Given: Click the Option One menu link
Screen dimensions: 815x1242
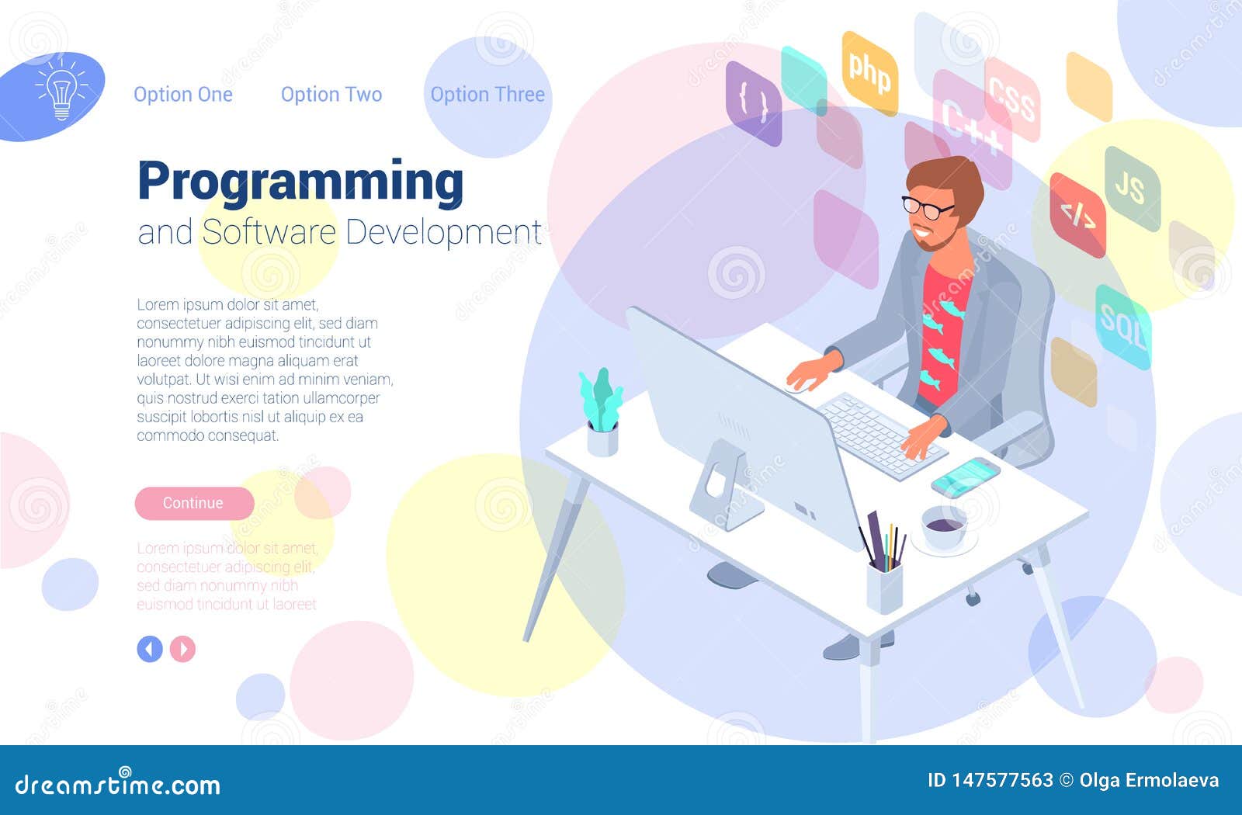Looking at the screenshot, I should (183, 95).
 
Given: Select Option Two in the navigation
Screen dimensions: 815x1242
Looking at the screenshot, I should (331, 95).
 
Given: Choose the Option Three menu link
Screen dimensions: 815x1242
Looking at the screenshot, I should (487, 95).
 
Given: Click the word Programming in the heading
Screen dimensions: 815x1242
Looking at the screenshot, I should (300, 182).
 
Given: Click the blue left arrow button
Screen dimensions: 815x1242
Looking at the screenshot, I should (150, 649).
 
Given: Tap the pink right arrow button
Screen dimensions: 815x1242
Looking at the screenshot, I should (182, 649).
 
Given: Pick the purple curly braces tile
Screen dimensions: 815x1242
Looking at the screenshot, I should (753, 102).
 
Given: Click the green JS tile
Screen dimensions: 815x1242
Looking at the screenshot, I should (1132, 188).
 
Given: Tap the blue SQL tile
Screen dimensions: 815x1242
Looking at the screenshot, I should (1122, 326).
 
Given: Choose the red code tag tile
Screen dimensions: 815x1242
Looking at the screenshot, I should (1077, 215).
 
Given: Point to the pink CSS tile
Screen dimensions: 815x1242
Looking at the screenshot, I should (1012, 99).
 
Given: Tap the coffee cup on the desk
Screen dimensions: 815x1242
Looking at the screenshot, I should (945, 527).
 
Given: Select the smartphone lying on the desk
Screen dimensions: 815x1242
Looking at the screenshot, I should (966, 476).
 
